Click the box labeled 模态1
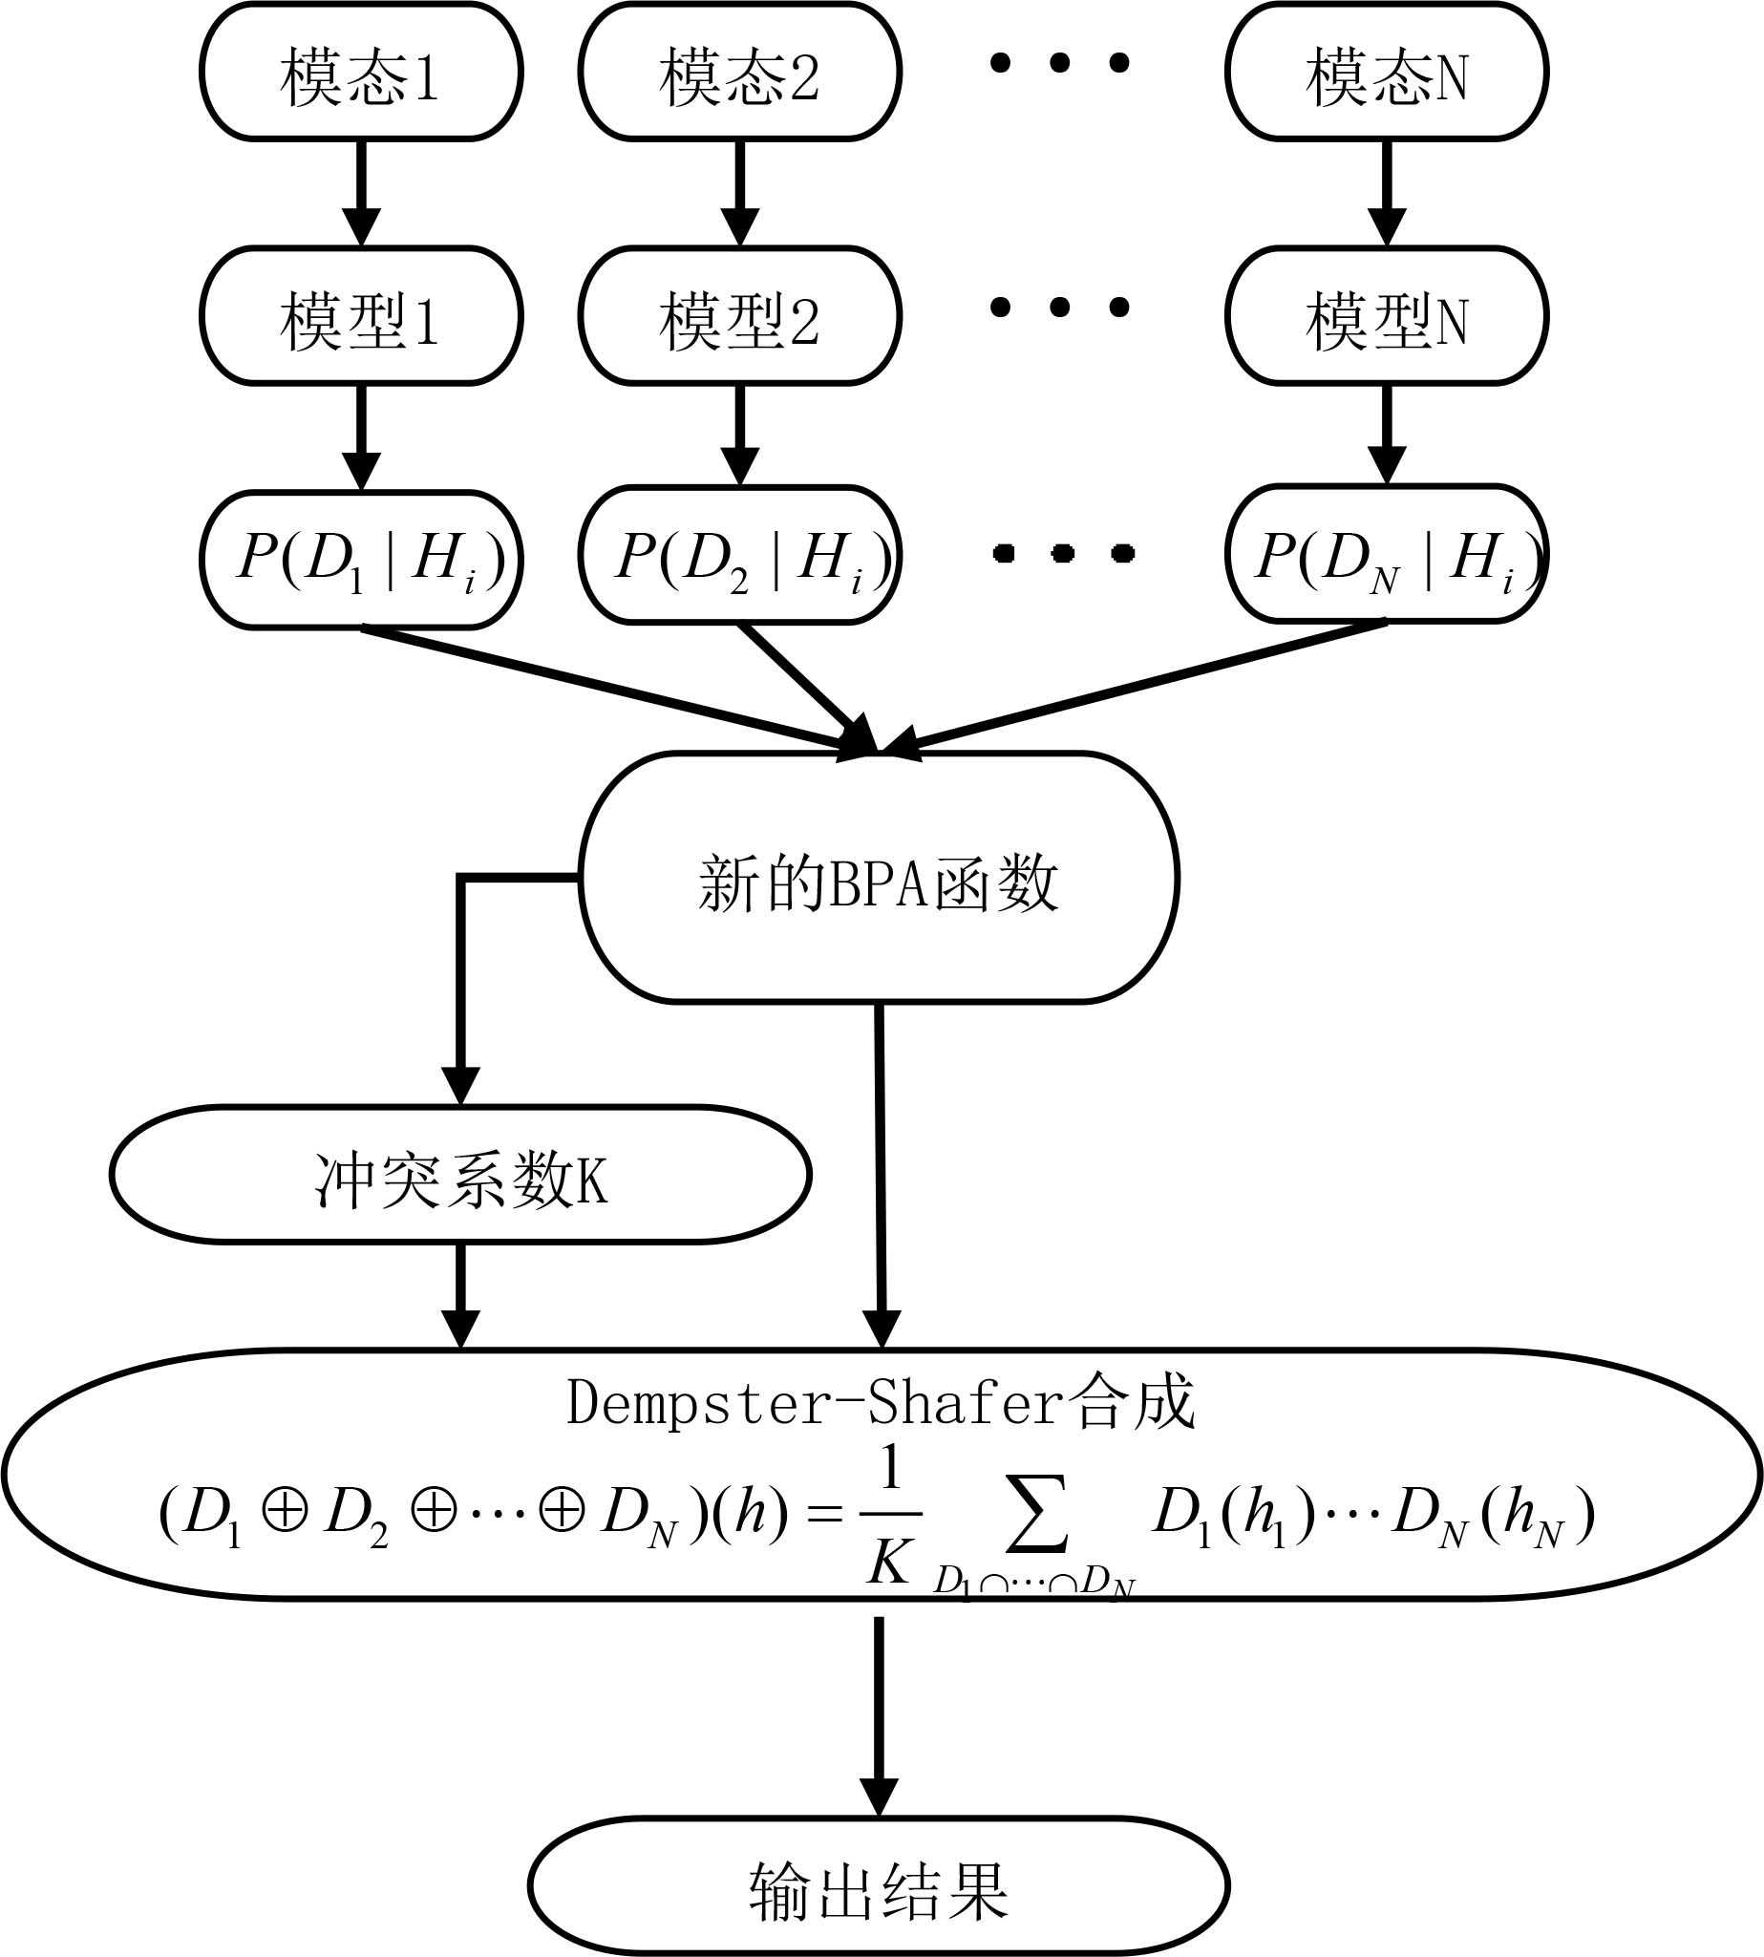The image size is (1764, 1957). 361,73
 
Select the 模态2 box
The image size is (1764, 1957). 739,73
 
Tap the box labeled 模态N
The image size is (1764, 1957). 1386,73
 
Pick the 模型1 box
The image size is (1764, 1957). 361,317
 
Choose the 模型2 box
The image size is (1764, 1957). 739,317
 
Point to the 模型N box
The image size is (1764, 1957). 1386,317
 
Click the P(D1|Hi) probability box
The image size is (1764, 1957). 361,561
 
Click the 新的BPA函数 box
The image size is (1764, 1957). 878,878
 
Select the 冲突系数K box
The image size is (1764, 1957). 460,1175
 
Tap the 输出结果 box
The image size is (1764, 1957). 878,1885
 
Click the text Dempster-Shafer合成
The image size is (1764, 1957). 880,1403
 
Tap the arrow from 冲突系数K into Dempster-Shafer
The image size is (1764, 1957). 460,1294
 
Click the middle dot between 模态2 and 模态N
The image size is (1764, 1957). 1059,63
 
